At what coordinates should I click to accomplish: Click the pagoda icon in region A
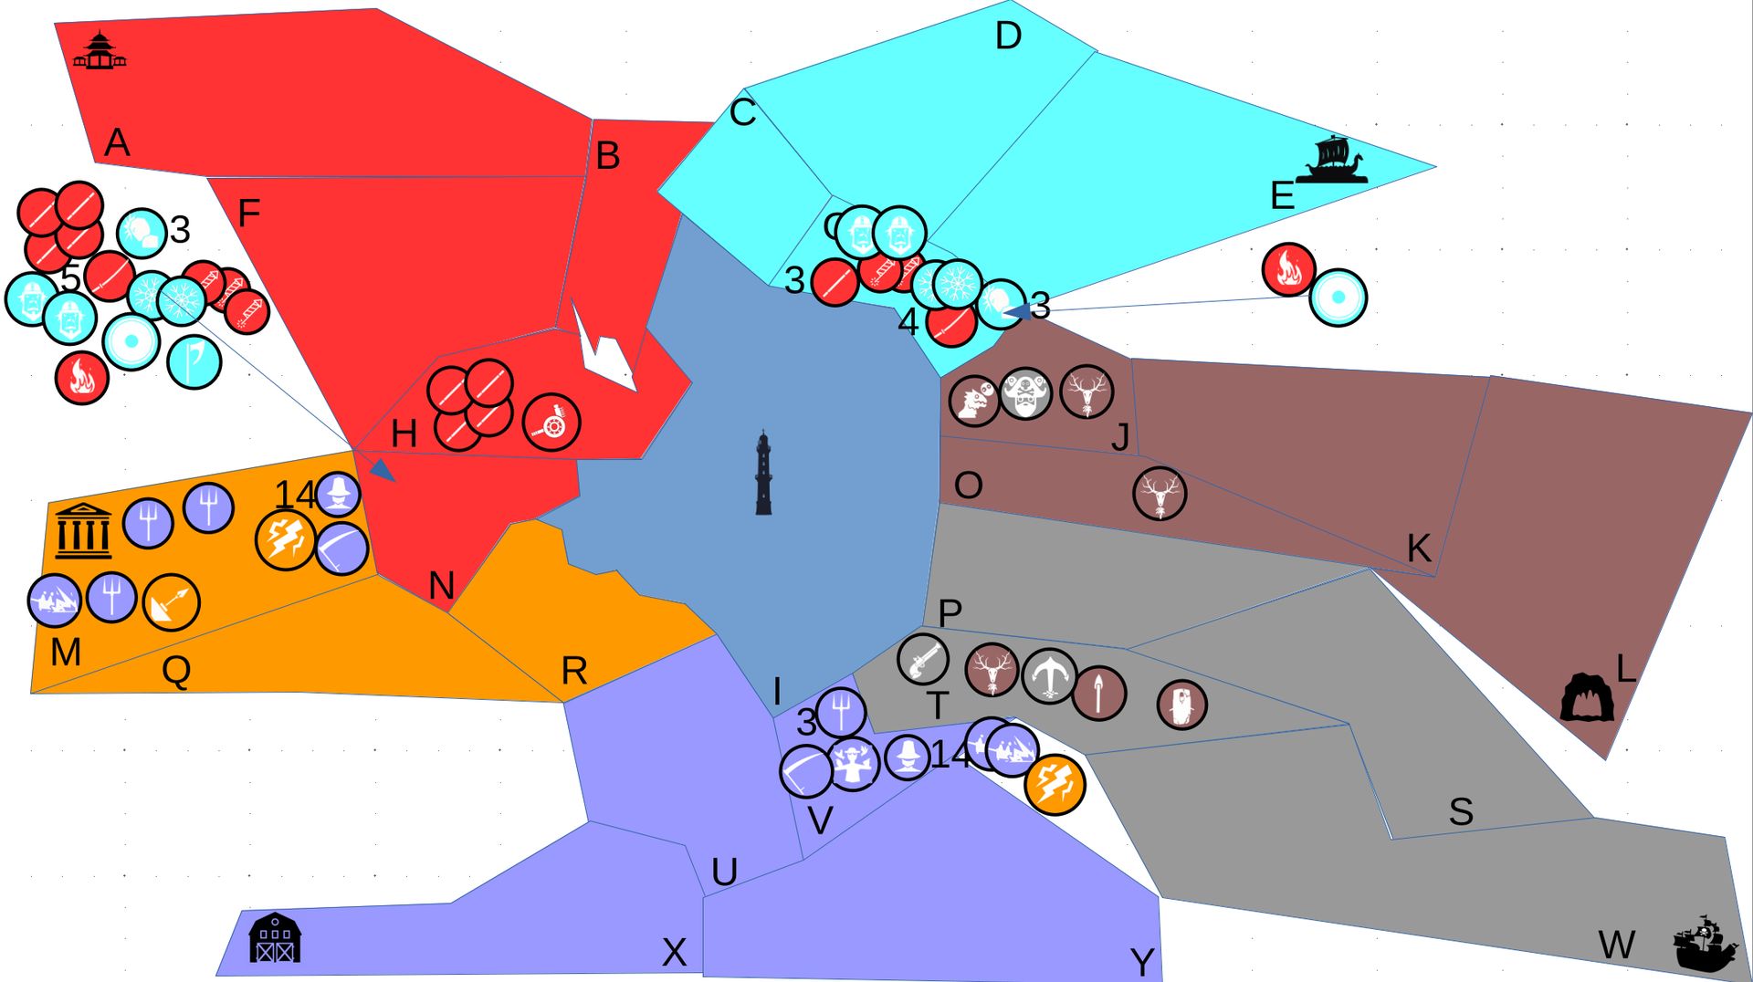click(100, 52)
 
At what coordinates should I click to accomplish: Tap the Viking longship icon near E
click(1332, 161)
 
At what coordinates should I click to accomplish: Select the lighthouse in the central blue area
click(763, 474)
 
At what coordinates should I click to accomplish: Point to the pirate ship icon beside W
click(1705, 944)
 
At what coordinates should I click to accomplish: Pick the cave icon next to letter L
click(1587, 697)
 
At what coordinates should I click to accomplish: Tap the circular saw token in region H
click(551, 423)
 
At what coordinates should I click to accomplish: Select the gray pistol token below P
click(923, 659)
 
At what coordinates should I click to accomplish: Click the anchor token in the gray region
click(1049, 676)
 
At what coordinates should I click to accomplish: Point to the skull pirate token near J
click(1025, 394)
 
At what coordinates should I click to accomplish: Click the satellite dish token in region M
click(171, 602)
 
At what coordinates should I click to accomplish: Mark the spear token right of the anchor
click(1099, 694)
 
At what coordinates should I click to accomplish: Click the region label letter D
click(1008, 37)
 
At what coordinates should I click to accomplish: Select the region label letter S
click(1461, 811)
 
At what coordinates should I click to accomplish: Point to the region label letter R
click(573, 672)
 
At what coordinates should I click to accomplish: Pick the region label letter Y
click(1141, 962)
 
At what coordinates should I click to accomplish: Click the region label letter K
click(1418, 548)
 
